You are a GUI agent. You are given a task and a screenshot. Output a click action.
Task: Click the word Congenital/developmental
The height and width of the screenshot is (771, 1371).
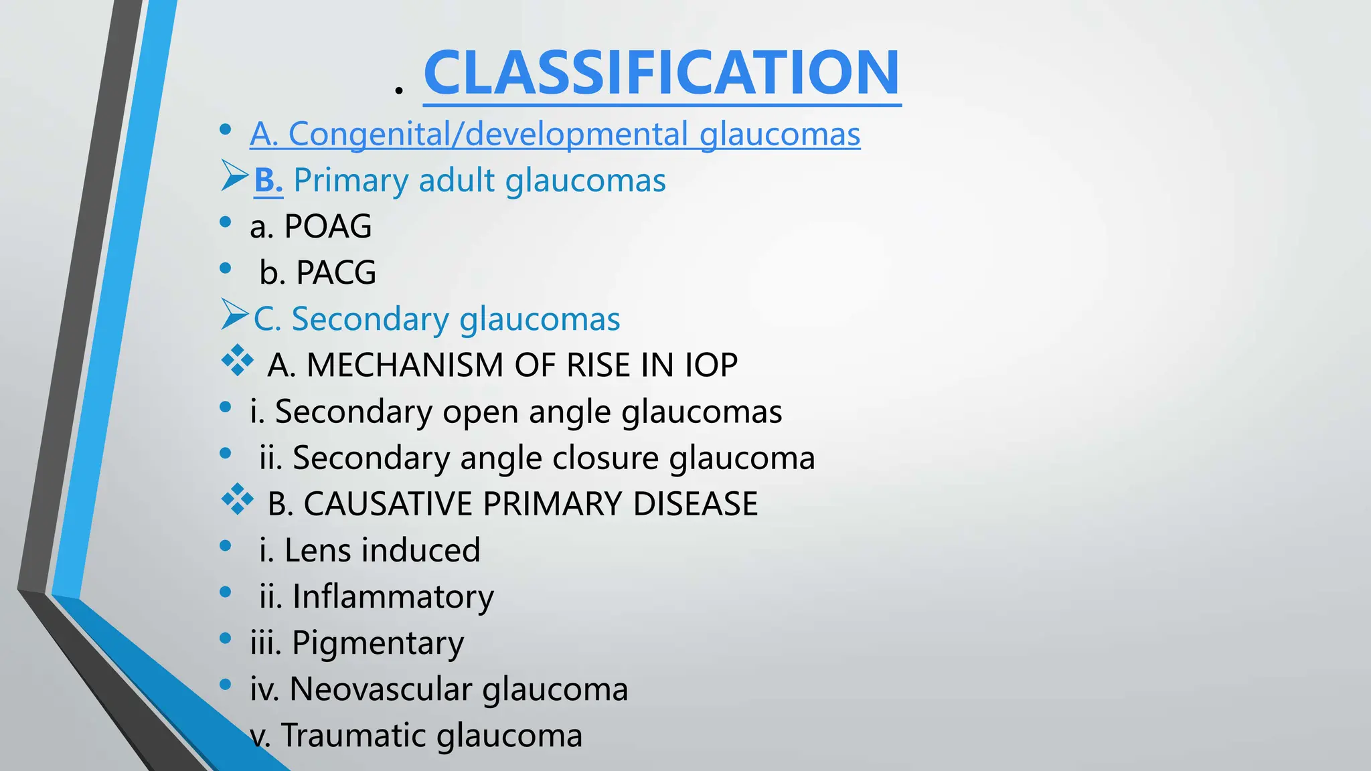pos(488,134)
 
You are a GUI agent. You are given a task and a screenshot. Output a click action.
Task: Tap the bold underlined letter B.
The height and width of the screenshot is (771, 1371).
pos(268,181)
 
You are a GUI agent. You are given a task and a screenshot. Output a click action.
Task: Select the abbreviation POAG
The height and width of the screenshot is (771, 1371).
pos(328,226)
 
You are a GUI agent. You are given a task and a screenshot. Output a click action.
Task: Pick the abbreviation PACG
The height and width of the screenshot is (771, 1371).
pos(336,272)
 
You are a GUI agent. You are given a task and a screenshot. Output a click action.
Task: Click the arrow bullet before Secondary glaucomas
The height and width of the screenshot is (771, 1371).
pos(234,315)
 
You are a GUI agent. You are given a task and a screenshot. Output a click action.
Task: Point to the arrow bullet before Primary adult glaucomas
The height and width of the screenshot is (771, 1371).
pos(234,176)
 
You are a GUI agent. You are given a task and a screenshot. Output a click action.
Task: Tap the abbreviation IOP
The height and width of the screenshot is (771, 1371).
pos(711,365)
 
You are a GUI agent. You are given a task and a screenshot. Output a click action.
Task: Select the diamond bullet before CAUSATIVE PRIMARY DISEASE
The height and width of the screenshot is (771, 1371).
pos(237,500)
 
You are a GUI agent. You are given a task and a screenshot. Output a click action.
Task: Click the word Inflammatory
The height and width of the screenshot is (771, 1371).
pos(393,596)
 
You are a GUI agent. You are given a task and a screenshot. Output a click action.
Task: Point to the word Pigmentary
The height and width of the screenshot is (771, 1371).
pos(378,643)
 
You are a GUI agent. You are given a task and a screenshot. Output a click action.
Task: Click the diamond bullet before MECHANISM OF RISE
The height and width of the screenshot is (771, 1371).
pos(237,361)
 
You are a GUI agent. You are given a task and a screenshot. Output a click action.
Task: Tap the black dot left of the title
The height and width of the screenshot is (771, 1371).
pos(399,90)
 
